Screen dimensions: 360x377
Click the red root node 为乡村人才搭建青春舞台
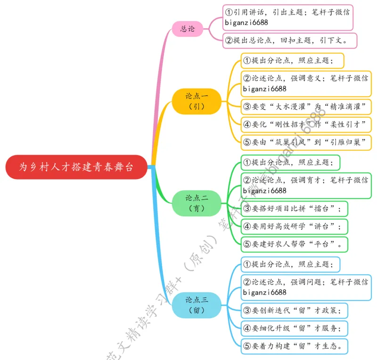coord(76,167)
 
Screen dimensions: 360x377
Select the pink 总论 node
coord(187,29)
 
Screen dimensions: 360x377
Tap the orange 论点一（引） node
coord(197,101)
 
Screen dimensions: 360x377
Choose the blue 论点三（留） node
coord(197,304)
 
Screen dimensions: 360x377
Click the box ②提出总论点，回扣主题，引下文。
coord(289,41)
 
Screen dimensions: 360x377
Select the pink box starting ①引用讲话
coord(290,17)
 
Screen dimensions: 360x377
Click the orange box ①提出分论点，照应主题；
coord(292,61)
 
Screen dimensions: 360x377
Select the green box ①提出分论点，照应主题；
coord(290,163)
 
